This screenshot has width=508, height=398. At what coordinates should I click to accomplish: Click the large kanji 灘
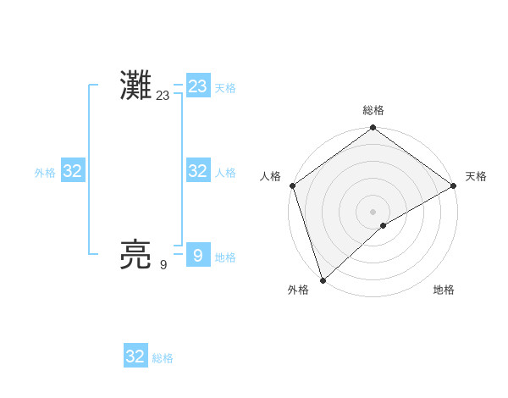coord(136,86)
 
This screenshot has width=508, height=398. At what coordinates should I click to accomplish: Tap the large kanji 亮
coord(136,255)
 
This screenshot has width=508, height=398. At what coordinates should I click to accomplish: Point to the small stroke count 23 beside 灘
coord(163,96)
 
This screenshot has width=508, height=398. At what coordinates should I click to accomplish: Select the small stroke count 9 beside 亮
coord(163,265)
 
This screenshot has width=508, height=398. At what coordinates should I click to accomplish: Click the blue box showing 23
coord(198,86)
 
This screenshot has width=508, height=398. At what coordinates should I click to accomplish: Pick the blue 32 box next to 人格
coord(198,171)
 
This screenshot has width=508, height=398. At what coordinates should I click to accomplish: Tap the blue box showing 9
coord(198,255)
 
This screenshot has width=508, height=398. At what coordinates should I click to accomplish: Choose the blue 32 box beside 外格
coord(73,171)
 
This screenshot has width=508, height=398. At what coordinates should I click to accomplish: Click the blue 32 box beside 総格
coord(135,357)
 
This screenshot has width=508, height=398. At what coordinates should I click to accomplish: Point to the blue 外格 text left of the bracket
coord(45,173)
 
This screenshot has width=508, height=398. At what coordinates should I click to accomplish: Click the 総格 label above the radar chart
coord(373,110)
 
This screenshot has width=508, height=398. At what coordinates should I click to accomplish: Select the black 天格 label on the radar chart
coord(476,176)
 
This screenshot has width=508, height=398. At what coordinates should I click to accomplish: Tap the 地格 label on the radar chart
coord(444,290)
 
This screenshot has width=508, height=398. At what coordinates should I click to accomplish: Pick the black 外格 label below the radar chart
coord(298,290)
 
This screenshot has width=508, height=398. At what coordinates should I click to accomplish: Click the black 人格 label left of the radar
coord(271,176)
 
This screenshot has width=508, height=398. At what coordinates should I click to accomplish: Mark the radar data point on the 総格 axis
coord(373,129)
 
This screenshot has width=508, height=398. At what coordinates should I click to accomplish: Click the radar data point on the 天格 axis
coord(454,185)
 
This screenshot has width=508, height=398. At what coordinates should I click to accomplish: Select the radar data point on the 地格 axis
coord(384,225)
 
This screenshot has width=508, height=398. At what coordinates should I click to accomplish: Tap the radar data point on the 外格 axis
coord(323,279)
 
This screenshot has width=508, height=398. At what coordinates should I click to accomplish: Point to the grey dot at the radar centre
coord(373,211)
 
